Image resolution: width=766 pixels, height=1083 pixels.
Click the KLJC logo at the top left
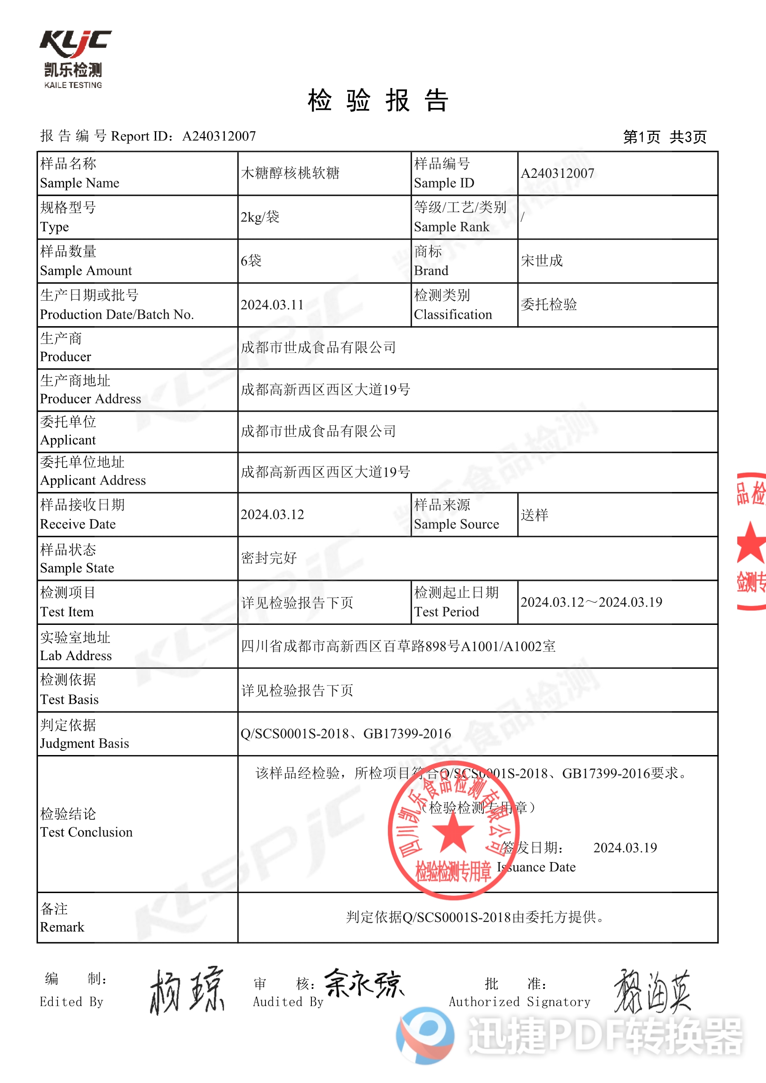pos(75,58)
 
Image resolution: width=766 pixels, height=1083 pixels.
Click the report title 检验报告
pos(378,101)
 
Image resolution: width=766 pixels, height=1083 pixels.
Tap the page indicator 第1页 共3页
pos(665,137)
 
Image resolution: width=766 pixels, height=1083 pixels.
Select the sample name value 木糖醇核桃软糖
pos(290,173)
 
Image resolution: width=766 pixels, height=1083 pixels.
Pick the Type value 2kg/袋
pos(260,217)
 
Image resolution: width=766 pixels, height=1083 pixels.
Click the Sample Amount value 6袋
pos(251,260)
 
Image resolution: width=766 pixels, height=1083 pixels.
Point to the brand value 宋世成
pos(542,260)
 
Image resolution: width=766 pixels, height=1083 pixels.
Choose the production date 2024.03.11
pos(272,305)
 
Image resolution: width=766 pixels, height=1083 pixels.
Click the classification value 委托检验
pos(549,305)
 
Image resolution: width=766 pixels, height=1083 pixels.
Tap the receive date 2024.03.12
pos(272,515)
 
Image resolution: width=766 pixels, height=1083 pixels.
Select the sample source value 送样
pos(535,515)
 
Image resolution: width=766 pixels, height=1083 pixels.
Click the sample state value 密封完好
pos(269,558)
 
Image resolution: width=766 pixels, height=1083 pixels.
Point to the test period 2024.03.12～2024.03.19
pos(591,602)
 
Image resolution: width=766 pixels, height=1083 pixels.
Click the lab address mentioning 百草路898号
pos(398,646)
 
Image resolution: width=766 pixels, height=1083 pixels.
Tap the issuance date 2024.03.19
pos(625,848)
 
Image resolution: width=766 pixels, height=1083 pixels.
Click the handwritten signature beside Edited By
pos(187,991)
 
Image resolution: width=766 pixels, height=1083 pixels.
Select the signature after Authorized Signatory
pos(652,991)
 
